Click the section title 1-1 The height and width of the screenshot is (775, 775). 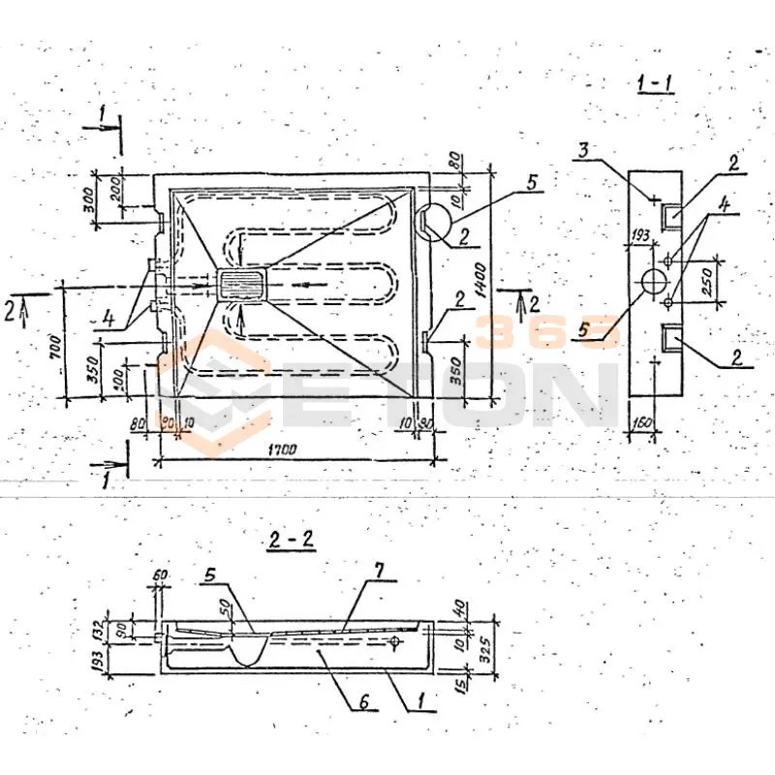[656, 84]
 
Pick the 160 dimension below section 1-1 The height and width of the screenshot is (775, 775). [641, 421]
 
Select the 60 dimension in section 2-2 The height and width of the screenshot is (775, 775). [160, 577]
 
